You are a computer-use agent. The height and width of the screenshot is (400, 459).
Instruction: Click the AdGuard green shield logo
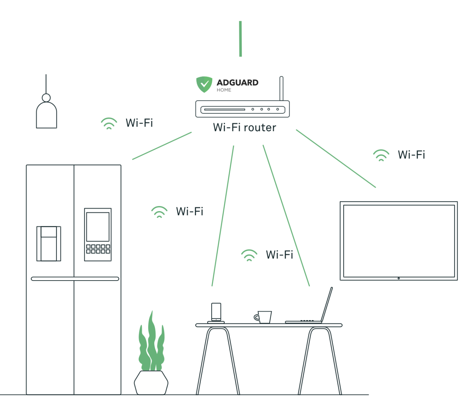(x=204, y=84)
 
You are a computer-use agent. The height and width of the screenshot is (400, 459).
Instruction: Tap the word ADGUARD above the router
(x=237, y=83)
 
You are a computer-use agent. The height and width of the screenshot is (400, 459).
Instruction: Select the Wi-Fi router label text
(x=244, y=127)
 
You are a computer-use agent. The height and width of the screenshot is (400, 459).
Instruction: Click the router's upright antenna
(x=281, y=88)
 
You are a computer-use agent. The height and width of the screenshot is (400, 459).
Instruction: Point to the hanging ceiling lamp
(x=46, y=113)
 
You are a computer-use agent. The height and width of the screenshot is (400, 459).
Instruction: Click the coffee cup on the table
(x=264, y=317)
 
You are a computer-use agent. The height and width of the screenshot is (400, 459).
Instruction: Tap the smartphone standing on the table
(x=216, y=312)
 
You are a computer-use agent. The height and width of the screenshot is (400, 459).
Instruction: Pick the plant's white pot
(x=151, y=383)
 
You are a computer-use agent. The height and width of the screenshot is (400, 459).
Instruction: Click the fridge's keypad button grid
(x=98, y=249)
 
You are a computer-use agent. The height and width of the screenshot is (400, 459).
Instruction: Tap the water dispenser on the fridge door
(x=49, y=244)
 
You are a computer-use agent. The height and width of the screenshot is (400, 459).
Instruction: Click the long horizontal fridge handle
(x=75, y=279)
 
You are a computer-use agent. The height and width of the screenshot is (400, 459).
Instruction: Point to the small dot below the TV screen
(x=399, y=278)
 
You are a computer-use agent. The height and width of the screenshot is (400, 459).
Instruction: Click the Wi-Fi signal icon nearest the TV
(x=381, y=155)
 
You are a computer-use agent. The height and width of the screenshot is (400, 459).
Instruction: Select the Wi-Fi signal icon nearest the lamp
(x=109, y=123)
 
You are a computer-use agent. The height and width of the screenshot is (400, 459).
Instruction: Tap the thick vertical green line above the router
(x=240, y=39)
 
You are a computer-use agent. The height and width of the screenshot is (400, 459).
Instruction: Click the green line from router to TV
(x=336, y=159)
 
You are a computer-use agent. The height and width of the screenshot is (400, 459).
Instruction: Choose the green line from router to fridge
(x=162, y=146)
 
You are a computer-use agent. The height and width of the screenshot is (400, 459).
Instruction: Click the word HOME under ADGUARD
(x=224, y=90)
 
